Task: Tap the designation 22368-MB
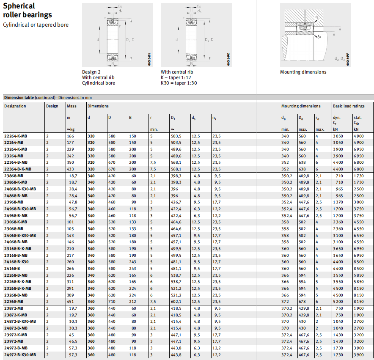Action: (x=14, y=301)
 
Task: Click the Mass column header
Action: (x=71, y=106)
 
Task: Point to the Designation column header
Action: (x=15, y=106)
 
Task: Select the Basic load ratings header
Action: (x=349, y=106)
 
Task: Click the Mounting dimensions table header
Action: (x=301, y=106)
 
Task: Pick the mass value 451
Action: (x=70, y=301)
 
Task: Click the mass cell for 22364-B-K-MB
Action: (x=70, y=169)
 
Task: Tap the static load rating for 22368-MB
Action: (x=358, y=301)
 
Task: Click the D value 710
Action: (x=112, y=301)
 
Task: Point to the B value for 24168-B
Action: (x=133, y=268)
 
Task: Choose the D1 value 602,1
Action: (x=176, y=301)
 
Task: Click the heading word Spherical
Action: (x=19, y=6)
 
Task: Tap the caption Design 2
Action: (x=92, y=72)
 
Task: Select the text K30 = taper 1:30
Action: (x=179, y=83)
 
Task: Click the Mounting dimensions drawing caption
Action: (x=303, y=72)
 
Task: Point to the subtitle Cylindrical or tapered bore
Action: (x=36, y=25)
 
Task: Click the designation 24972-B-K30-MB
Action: (x=20, y=354)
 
